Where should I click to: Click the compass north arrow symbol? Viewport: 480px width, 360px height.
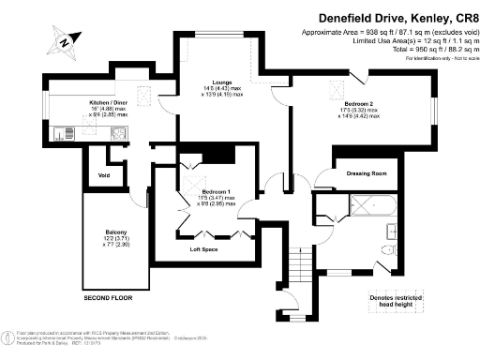tap(63, 39)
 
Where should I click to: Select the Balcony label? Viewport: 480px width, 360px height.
tap(115, 232)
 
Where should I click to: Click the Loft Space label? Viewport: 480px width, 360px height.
tap(203, 250)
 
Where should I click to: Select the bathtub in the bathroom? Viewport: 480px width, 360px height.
tap(373, 206)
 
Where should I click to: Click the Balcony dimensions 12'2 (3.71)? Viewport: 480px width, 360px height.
tap(116, 240)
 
